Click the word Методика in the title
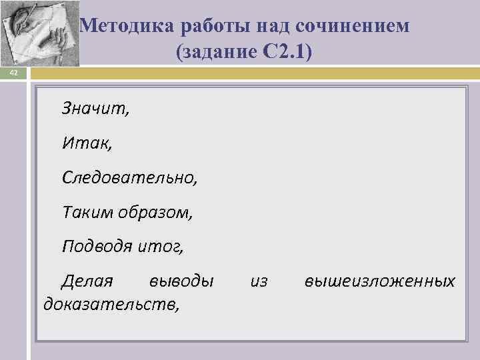pos(128,26)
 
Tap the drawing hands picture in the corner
pos(41,33)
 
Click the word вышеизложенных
pos(380,281)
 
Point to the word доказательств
pos(111,305)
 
